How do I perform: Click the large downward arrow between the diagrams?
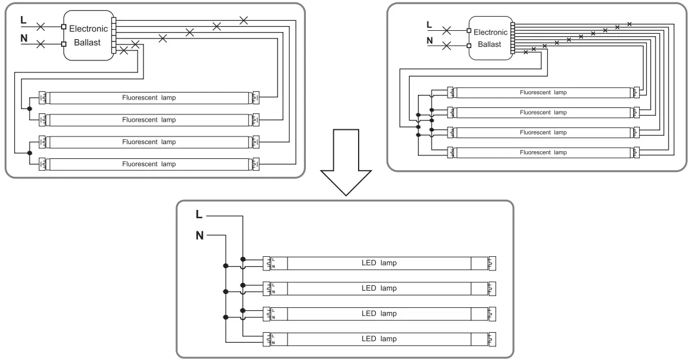click(346, 163)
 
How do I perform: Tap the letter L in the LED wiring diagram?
click(199, 214)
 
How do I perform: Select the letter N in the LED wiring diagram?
click(200, 236)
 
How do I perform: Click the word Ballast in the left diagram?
click(87, 43)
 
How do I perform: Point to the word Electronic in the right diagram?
click(491, 32)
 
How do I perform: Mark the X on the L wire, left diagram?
click(40, 27)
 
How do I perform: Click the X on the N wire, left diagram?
click(40, 44)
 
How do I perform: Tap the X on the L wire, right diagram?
click(446, 30)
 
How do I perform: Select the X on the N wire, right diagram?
click(446, 45)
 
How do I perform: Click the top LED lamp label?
click(379, 263)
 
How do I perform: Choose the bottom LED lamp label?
click(379, 339)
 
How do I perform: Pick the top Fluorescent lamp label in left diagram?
click(149, 98)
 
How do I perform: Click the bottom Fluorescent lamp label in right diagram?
click(543, 152)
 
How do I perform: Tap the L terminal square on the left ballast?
click(64, 27)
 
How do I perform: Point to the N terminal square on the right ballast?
click(469, 45)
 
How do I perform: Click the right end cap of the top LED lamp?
click(492, 263)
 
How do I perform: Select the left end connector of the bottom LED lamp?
click(267, 339)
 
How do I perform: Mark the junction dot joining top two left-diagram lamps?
click(30, 109)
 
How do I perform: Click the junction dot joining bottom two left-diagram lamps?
click(30, 153)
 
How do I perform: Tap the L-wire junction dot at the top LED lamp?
click(243, 260)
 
